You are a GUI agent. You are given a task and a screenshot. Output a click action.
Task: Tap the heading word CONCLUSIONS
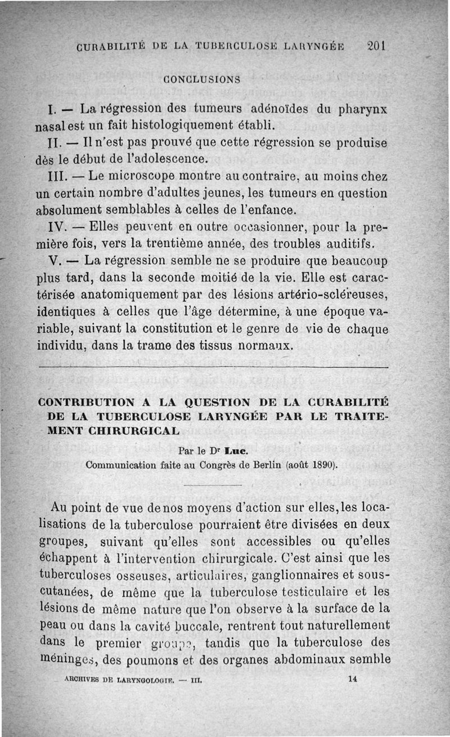tap(202, 79)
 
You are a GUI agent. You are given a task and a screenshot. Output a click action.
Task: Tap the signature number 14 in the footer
tap(353, 679)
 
